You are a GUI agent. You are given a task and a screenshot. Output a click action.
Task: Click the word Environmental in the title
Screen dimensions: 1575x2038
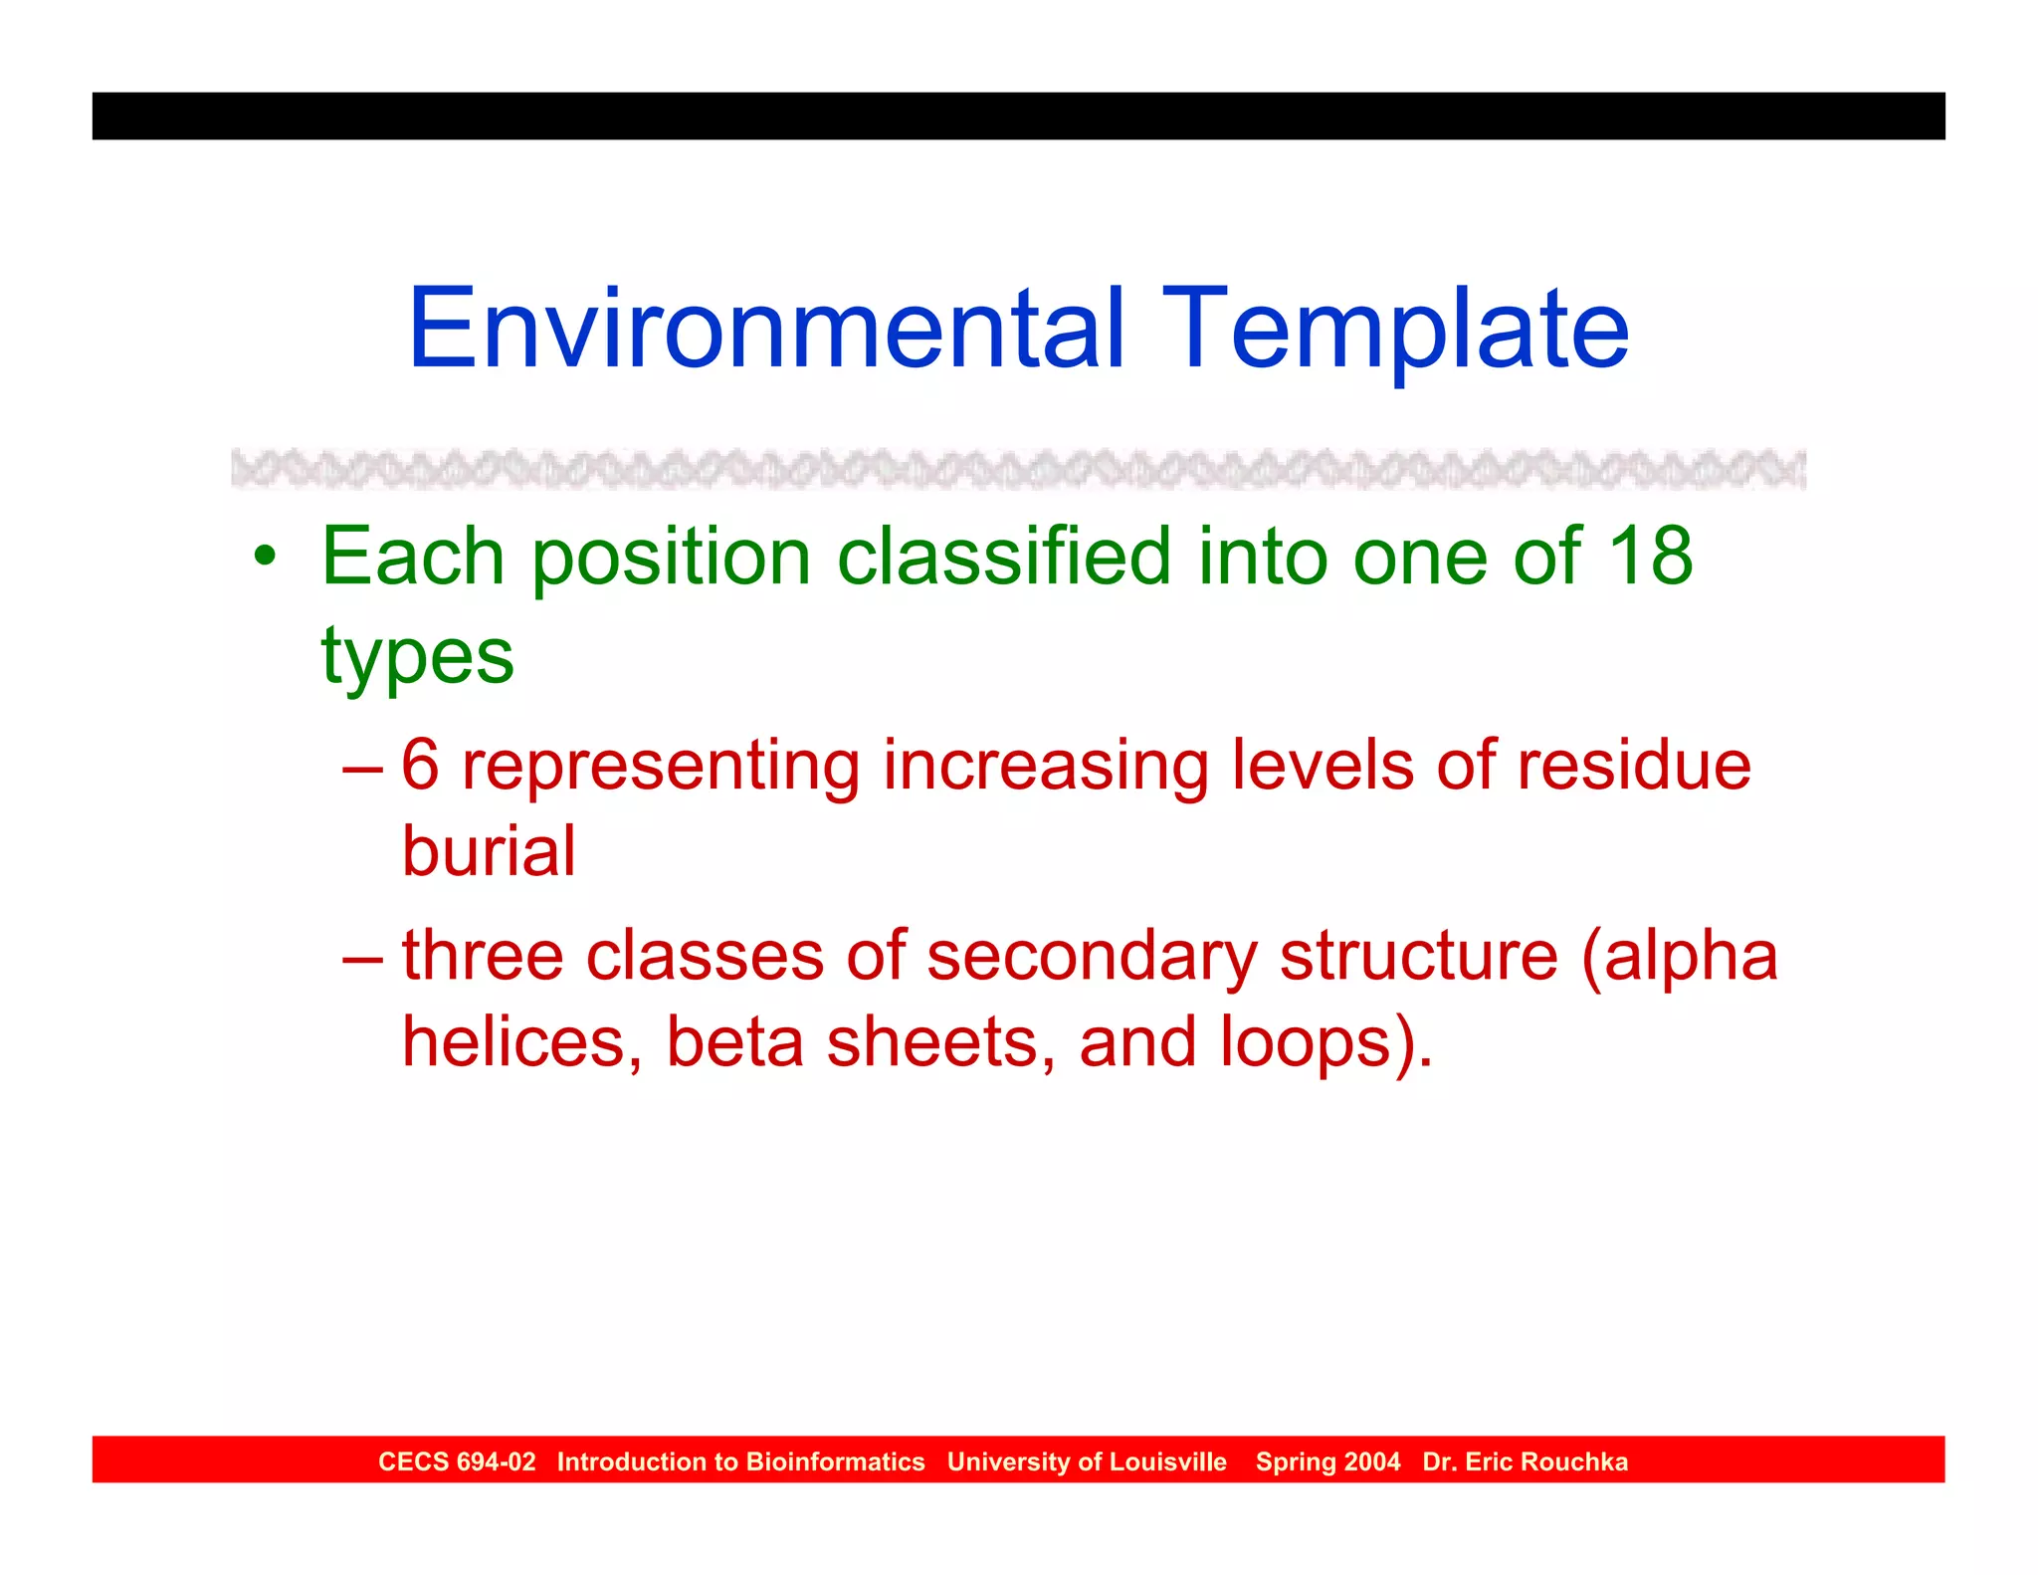pyautogui.click(x=766, y=329)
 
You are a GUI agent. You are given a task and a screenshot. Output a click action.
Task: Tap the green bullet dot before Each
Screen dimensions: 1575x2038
pyautogui.click(x=264, y=556)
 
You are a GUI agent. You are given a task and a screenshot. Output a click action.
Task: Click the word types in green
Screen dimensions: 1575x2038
pyautogui.click(x=417, y=657)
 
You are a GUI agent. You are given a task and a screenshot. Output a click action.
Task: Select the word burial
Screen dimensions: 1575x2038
pyautogui.click(x=489, y=852)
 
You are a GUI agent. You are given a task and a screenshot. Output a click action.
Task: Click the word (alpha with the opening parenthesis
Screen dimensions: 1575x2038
pyautogui.click(x=1679, y=956)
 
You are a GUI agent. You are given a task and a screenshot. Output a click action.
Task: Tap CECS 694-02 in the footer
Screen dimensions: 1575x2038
pyautogui.click(x=457, y=1462)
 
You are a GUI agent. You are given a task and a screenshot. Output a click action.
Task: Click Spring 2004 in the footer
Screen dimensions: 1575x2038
pyautogui.click(x=1327, y=1462)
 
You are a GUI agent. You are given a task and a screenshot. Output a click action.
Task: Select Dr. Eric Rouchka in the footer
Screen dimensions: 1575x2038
pyautogui.click(x=1525, y=1462)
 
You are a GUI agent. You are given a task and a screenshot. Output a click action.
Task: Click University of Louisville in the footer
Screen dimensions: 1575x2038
pyautogui.click(x=1087, y=1462)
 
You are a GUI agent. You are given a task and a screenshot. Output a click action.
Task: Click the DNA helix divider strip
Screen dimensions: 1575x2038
pyautogui.click(x=1017, y=468)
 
